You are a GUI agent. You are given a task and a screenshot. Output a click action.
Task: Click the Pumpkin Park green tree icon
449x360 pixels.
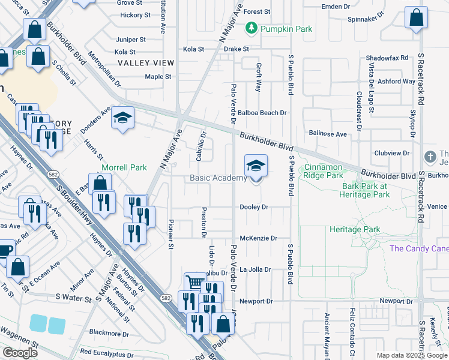(251, 28)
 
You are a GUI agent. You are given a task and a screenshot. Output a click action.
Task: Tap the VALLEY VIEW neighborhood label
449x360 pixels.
(145, 63)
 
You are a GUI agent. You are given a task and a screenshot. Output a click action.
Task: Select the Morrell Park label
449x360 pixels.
(124, 167)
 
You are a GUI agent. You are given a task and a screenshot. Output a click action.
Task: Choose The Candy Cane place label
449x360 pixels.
(419, 248)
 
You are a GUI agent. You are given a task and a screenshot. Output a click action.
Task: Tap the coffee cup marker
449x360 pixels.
(5, 251)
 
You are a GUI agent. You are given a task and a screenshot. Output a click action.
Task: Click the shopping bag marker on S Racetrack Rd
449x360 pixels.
(416, 18)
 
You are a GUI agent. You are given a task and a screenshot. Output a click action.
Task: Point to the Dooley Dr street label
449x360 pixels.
(253, 207)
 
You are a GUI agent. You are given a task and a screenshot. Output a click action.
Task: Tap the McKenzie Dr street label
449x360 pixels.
(258, 238)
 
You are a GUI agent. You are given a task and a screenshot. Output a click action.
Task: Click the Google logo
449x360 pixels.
(20, 353)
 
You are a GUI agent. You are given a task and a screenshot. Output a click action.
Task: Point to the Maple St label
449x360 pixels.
(158, 77)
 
